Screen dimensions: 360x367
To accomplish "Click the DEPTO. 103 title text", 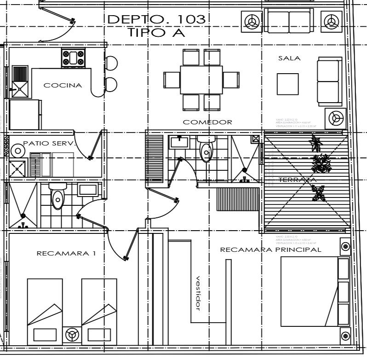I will coord(156,19).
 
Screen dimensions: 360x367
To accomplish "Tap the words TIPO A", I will coord(156,33).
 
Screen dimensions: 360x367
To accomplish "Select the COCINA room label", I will coord(63,85).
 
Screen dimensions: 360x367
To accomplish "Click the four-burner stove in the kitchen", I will coord(74,58).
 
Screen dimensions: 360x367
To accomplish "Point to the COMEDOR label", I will coord(207,122).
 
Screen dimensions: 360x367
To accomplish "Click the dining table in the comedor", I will coord(201,79).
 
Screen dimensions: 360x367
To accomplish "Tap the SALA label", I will coord(289,58).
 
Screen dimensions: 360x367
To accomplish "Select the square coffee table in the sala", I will coord(287,84).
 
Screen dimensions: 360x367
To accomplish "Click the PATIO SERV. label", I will coord(49,143).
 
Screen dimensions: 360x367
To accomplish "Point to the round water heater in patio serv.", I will coord(17,151).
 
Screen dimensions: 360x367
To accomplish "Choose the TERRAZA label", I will coord(297,180).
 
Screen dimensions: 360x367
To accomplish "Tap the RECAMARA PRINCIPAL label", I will coord(270,250).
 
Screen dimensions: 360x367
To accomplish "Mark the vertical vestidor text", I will coord(198,293).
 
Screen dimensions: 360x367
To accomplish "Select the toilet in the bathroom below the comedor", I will coord(206,150).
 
